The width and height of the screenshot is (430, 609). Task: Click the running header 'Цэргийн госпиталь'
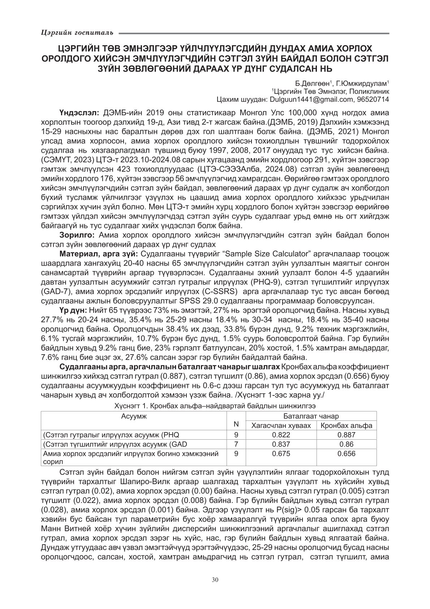tap(77, 33)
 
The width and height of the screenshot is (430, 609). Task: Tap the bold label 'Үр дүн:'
tap(73, 310)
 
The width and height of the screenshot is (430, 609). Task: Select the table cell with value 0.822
tap(281, 435)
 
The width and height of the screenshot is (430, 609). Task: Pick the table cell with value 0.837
tap(281, 444)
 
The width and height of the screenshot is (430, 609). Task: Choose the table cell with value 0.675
tap(281, 454)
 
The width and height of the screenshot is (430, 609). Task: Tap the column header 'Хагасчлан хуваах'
tap(281, 426)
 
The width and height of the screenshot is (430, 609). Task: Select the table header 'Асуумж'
tap(134, 416)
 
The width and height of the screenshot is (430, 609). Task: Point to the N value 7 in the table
tap(236, 444)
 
